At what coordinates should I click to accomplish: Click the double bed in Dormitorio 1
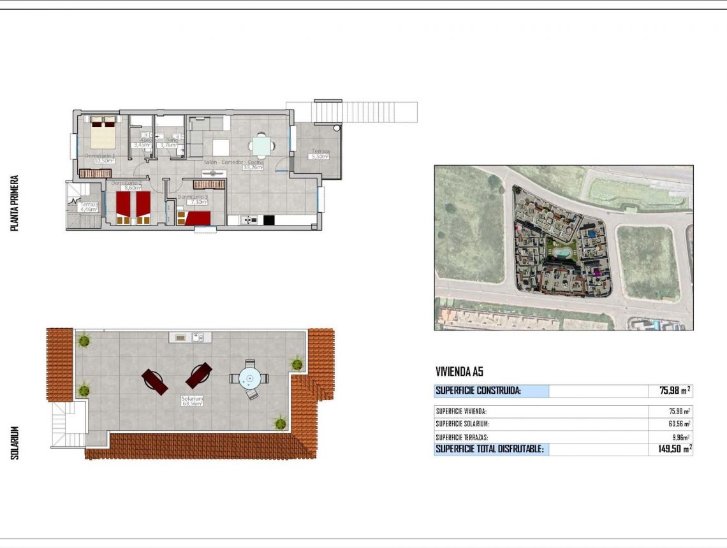point(102,132)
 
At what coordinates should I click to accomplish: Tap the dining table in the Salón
point(261,147)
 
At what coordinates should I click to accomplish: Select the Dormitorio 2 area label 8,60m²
point(132,189)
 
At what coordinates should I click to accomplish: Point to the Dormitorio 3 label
point(193,197)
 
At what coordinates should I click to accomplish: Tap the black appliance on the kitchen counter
point(268,220)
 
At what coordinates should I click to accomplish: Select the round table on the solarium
point(250,379)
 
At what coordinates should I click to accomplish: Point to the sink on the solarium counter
point(198,337)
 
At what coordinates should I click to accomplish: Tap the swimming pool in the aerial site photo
point(562,252)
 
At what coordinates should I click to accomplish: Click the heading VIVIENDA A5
point(463,371)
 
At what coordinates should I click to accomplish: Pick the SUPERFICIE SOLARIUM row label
point(462,424)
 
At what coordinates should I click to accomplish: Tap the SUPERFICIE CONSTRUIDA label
point(478,391)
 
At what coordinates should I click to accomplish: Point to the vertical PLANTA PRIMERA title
point(15,203)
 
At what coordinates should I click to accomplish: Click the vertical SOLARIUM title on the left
point(15,443)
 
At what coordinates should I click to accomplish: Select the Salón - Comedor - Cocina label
point(232,162)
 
